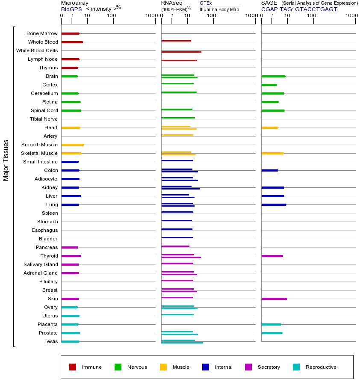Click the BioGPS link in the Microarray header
pyautogui.click(x=71, y=9)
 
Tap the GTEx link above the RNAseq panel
pyautogui.click(x=206, y=3)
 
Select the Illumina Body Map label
pyautogui.click(x=219, y=9)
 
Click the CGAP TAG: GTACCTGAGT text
pyautogui.click(x=299, y=9)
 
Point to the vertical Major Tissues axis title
pyautogui.click(x=6, y=160)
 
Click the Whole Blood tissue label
pyautogui.click(x=43, y=42)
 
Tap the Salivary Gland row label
pyautogui.click(x=41, y=264)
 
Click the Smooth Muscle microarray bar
pyautogui.click(x=73, y=145)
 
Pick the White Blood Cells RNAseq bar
pyautogui.click(x=181, y=52)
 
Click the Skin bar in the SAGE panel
pyautogui.click(x=274, y=299)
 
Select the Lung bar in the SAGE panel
pyautogui.click(x=274, y=204)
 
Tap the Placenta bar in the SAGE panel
pyautogui.click(x=271, y=324)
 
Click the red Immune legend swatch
pyautogui.click(x=73, y=367)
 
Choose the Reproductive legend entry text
pyautogui.click(x=321, y=367)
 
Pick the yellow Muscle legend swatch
pyautogui.click(x=163, y=367)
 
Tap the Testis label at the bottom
pyautogui.click(x=51, y=341)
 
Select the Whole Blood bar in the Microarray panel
pyautogui.click(x=72, y=42)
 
